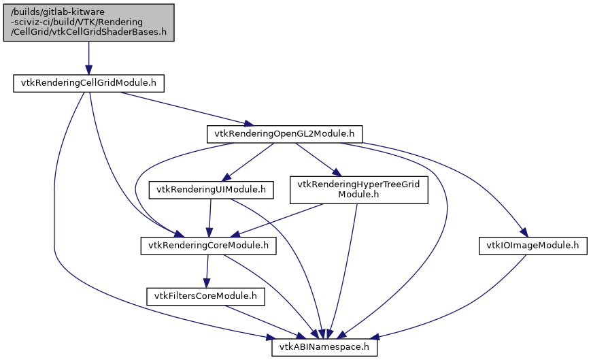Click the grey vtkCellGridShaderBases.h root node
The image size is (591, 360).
pos(88,22)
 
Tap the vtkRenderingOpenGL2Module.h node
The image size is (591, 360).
pos(284,134)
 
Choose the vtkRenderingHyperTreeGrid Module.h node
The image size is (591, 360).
pos(358,190)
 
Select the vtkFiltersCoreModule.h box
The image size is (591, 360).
pos(205,296)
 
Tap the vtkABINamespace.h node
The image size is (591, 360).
pos(324,347)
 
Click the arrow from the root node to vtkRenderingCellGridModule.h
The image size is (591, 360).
pos(88,58)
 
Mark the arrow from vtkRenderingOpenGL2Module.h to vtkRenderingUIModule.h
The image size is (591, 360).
pos(252,160)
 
